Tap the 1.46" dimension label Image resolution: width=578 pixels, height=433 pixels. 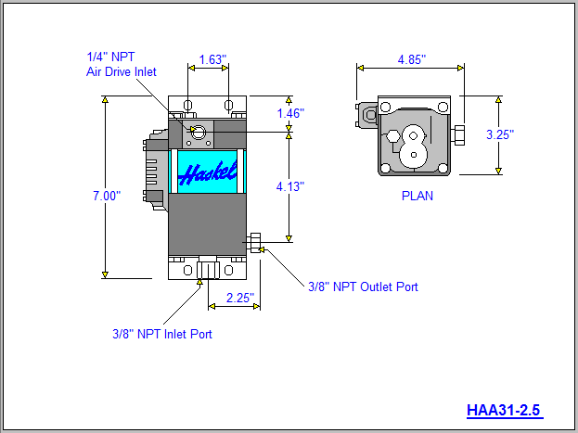click(290, 113)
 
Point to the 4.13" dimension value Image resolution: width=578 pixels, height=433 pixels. click(290, 186)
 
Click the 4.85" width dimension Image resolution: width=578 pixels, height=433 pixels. click(411, 59)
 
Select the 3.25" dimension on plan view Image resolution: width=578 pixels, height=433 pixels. click(500, 134)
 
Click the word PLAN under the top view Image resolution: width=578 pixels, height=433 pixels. click(417, 196)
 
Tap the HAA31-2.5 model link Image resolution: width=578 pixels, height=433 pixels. click(504, 409)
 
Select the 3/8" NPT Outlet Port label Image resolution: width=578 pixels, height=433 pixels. click(363, 287)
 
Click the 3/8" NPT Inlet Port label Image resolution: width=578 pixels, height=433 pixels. click(161, 334)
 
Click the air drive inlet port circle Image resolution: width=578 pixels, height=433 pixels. click(198, 133)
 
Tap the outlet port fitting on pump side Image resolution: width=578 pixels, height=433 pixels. click(253, 245)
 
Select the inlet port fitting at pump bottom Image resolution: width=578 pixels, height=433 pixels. click(206, 270)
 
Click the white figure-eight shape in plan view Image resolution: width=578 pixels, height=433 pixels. click(415, 148)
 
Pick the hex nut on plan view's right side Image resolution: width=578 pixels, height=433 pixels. click(457, 135)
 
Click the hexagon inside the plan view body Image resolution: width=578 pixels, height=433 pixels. click(395, 137)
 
